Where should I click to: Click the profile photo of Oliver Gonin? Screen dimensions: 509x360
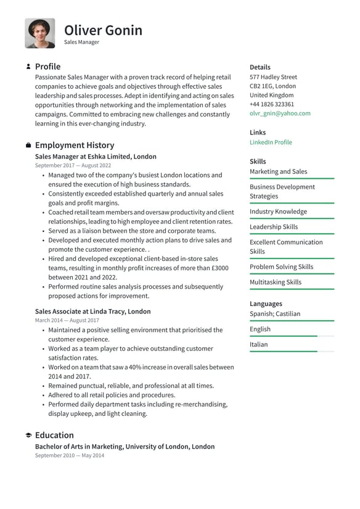point(39,33)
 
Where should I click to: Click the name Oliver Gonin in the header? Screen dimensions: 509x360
point(103,30)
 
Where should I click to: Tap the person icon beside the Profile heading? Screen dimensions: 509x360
point(28,67)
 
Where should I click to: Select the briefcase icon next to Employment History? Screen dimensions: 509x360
point(28,146)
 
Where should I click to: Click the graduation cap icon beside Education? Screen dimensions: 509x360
point(28,436)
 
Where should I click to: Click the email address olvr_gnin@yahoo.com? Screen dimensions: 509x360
point(280,114)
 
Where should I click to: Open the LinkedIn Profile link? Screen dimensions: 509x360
point(271,143)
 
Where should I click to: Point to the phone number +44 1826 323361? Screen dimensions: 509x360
point(272,104)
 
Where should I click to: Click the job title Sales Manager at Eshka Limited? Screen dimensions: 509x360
point(96,157)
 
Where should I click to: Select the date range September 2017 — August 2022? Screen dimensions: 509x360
point(73,166)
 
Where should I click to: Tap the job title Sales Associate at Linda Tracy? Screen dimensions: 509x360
point(92,312)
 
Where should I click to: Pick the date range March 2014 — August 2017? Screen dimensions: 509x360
point(67,321)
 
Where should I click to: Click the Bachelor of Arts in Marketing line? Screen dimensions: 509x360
point(125,447)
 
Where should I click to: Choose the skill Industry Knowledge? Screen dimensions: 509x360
point(278,212)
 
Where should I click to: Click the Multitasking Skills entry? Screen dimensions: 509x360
point(276,283)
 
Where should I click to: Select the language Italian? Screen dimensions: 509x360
point(259,344)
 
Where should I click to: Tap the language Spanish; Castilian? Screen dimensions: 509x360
point(275,313)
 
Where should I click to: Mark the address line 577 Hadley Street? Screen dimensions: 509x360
point(273,77)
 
